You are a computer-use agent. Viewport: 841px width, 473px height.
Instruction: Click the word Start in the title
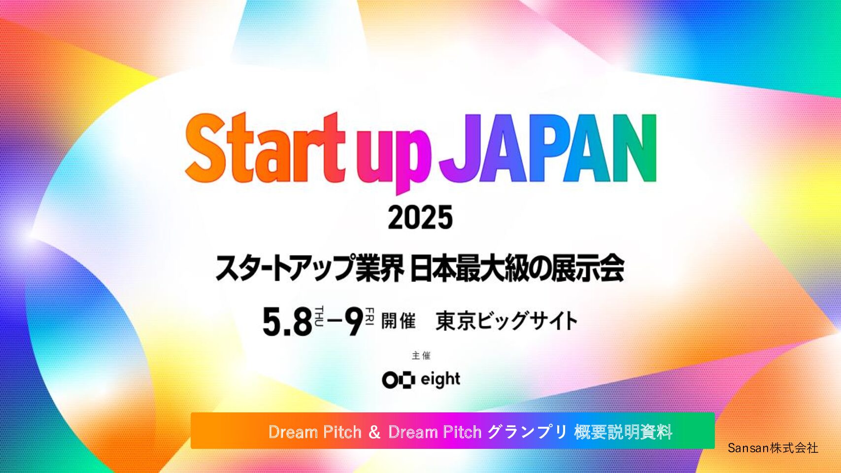(265, 148)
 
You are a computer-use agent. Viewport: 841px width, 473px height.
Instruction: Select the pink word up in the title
(394, 158)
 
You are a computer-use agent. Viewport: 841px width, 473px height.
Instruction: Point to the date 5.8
(288, 322)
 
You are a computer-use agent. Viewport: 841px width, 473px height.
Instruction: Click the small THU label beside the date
(319, 316)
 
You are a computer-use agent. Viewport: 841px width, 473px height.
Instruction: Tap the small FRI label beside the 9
(370, 316)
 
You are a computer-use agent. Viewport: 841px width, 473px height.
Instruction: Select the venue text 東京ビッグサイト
(506, 321)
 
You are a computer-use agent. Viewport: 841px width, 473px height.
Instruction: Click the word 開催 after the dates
(399, 321)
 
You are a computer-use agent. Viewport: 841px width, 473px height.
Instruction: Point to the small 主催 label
(421, 356)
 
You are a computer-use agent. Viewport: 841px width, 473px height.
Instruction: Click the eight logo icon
(399, 380)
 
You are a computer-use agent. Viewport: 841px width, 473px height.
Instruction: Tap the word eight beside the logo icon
(440, 380)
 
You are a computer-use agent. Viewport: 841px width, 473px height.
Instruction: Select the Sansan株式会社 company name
(773, 447)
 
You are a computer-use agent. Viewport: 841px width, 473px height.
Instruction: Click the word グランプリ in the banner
(527, 432)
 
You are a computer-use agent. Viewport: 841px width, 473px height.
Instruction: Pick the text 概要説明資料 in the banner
(623, 432)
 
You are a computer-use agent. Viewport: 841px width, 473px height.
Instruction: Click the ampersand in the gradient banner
(374, 432)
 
